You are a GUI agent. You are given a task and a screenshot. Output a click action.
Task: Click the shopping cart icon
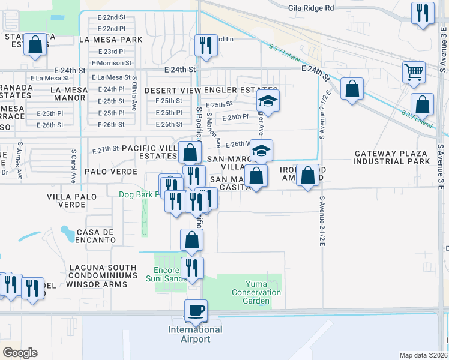(x=414, y=72)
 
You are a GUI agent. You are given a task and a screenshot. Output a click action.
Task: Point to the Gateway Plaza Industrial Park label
(x=391, y=157)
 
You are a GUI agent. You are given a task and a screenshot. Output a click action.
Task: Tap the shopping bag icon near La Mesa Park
(x=35, y=44)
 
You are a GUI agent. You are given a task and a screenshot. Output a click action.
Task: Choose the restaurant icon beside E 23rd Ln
(x=206, y=44)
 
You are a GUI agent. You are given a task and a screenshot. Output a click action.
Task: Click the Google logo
(x=19, y=353)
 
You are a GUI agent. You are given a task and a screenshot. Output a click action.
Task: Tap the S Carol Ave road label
(x=73, y=166)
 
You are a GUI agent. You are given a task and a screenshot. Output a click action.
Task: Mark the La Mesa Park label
(x=110, y=40)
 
